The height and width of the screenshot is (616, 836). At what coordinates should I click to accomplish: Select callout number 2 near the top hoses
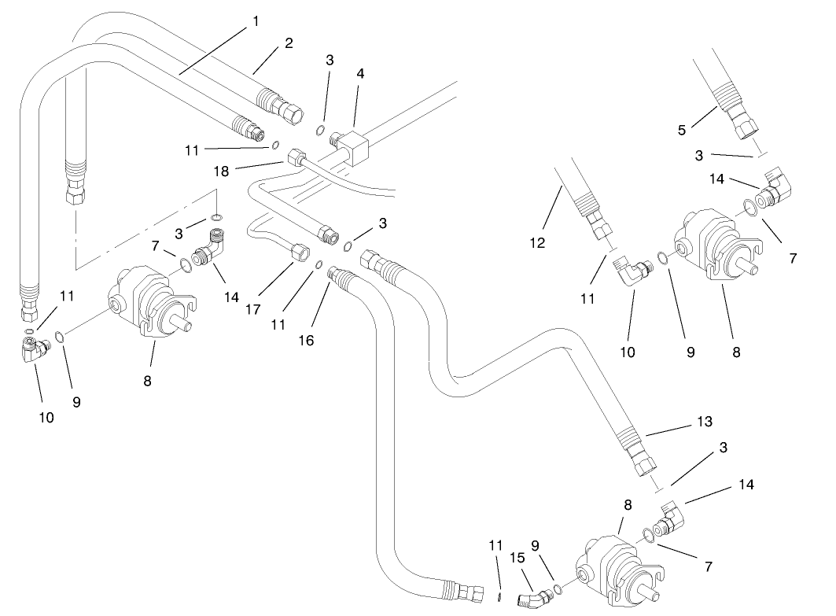tap(289, 43)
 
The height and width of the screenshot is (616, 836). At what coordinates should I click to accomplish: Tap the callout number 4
tap(359, 73)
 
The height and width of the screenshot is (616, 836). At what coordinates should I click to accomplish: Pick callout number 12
tap(537, 244)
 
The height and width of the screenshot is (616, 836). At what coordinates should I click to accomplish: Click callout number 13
tap(704, 422)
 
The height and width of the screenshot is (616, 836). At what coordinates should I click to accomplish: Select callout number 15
tap(517, 555)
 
